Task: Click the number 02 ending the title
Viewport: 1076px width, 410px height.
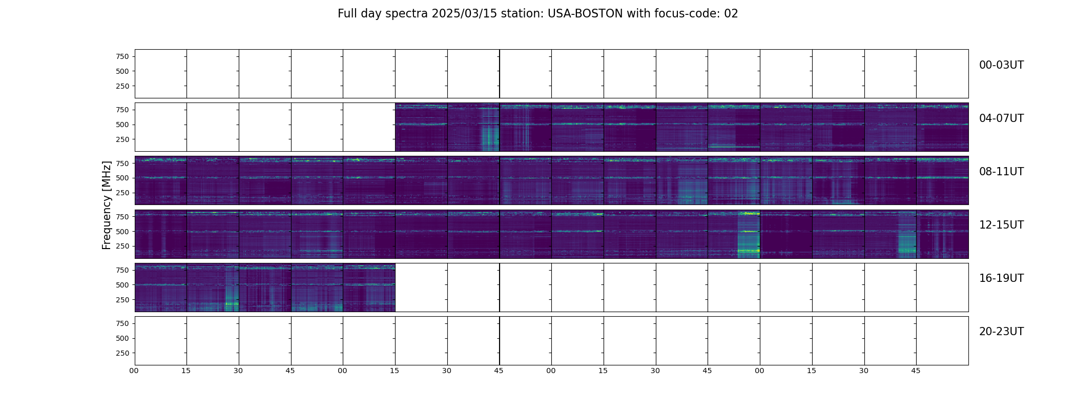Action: [731, 14]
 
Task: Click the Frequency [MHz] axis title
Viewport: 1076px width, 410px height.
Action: [107, 205]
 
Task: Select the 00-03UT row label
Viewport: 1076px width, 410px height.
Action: [1001, 65]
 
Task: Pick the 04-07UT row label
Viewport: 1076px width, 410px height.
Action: [1001, 118]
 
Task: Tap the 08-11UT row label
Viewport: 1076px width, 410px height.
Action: [1001, 172]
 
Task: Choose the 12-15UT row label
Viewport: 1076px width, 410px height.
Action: [1001, 225]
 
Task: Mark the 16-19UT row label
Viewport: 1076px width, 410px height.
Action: [1001, 278]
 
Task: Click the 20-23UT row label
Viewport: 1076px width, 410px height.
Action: [1001, 332]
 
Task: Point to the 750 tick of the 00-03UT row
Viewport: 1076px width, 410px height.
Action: [122, 56]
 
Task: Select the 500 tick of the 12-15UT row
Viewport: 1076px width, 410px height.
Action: [122, 232]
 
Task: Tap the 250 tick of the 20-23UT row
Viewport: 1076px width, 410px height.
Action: [122, 353]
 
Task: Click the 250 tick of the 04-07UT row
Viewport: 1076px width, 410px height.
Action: [122, 139]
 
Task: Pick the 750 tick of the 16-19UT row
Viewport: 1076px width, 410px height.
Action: [122, 270]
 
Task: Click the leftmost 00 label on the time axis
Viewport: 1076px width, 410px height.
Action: [134, 371]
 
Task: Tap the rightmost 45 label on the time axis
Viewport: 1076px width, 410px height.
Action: [916, 371]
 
